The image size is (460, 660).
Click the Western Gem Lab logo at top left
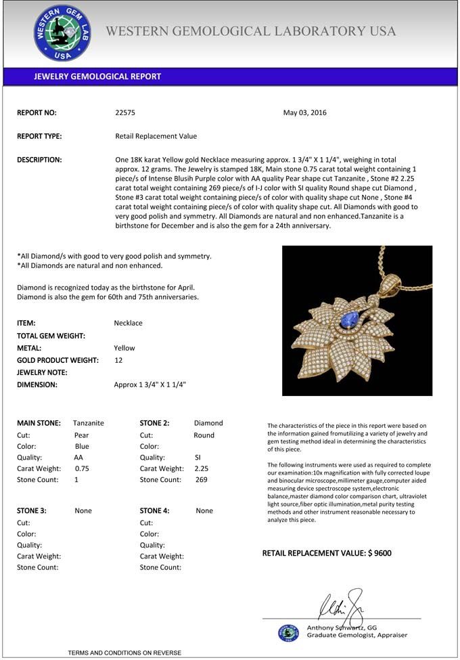click(62, 34)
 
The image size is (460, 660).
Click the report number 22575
click(125, 113)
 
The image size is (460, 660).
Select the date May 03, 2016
click(304, 113)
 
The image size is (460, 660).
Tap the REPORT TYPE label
click(39, 136)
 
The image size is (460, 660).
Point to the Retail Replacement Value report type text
click(156, 136)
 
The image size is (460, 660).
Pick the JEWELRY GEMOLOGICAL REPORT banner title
click(97, 76)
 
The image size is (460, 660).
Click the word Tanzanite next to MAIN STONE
click(89, 423)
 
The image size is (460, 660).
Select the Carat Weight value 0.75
click(82, 468)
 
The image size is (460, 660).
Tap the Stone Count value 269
click(201, 480)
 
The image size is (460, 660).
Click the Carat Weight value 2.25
click(201, 468)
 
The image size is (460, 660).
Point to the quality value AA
click(78, 458)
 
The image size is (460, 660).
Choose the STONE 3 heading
click(32, 511)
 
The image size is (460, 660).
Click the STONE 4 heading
click(155, 511)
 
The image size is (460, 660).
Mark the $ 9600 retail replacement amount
click(379, 554)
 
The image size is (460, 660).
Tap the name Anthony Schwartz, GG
click(342, 628)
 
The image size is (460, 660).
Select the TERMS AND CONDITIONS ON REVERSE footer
click(124, 653)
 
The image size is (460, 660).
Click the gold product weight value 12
click(118, 360)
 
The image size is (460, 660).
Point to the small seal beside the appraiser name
click(289, 632)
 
